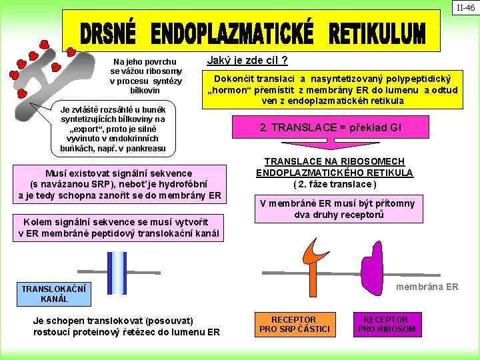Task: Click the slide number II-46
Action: pos(465,8)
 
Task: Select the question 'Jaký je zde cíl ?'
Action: pos(247,61)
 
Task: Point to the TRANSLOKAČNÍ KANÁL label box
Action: pos(45,294)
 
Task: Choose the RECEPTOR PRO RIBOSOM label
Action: pos(387,324)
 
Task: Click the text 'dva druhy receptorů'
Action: pos(338,215)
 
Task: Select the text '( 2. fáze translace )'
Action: pos(335,184)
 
